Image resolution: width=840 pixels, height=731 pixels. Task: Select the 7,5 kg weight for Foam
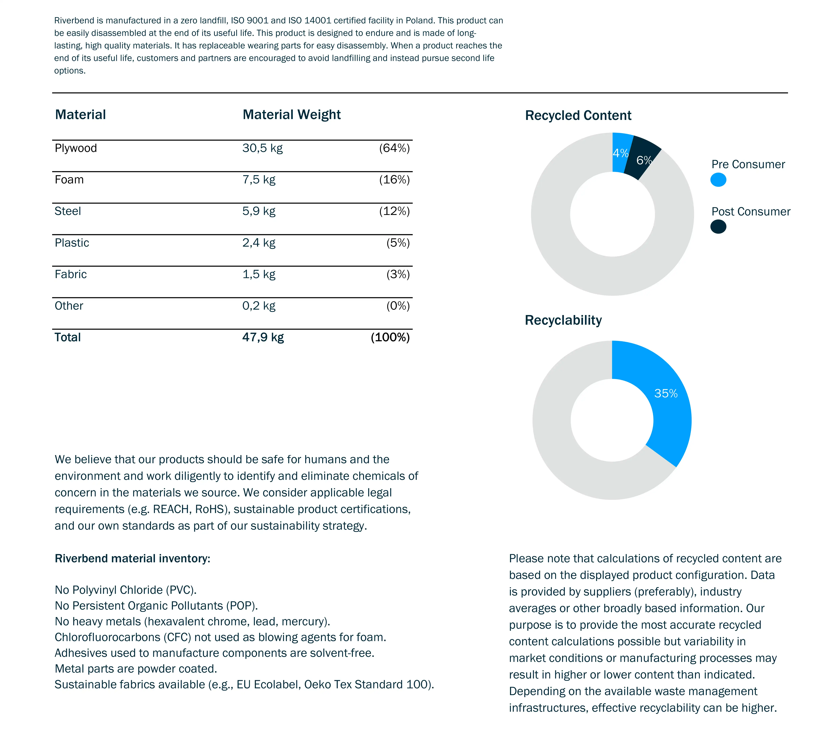point(259,180)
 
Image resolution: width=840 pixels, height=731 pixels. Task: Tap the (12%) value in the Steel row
point(394,211)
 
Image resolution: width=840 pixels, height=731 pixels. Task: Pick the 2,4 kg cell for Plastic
point(259,243)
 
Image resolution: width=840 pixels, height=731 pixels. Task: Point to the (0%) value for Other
point(398,306)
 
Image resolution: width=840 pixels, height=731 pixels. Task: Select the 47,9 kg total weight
point(263,337)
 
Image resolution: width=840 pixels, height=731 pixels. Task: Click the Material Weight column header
point(292,115)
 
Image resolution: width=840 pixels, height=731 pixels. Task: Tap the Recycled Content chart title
point(578,116)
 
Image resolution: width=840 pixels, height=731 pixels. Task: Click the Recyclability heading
point(563,320)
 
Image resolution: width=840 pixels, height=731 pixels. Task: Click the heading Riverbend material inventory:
point(133,558)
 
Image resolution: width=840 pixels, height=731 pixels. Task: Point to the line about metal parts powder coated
point(136,669)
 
